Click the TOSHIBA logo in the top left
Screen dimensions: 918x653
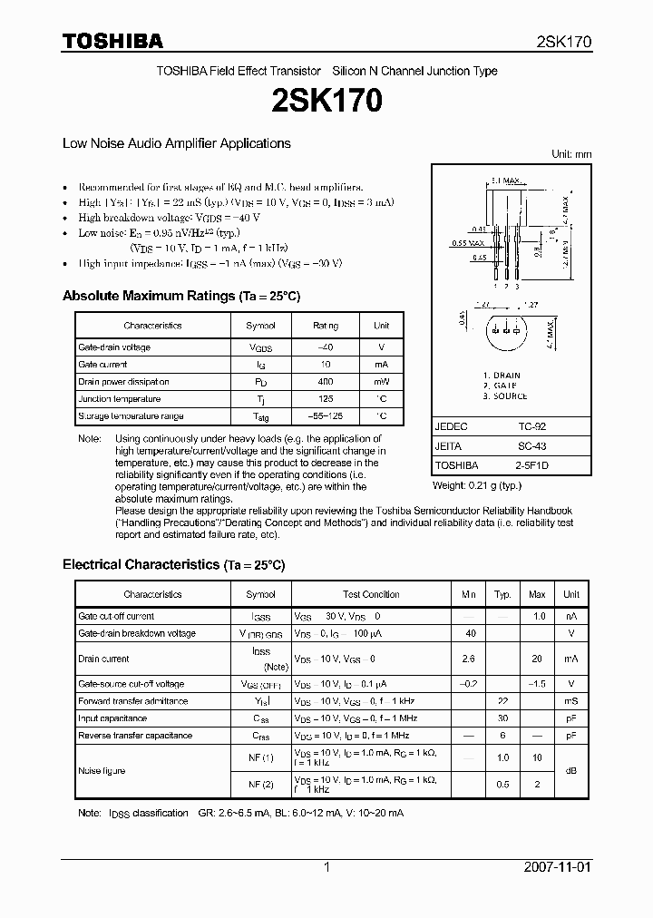112,41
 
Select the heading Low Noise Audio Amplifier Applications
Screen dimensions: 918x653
176,143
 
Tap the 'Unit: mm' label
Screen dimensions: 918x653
571,154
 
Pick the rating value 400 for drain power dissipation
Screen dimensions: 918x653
326,382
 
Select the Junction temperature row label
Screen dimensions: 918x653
119,399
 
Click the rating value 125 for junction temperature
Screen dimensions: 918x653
326,399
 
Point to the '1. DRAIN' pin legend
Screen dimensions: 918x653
501,376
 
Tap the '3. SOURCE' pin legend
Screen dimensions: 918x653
504,396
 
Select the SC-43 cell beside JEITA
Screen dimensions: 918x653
531,446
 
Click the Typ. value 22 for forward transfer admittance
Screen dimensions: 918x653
502,701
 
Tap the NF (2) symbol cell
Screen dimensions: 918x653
261,783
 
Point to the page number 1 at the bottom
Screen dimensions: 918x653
326,867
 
